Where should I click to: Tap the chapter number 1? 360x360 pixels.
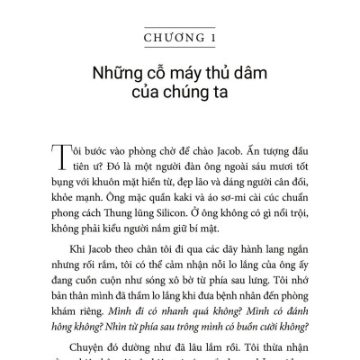(x=212, y=39)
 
